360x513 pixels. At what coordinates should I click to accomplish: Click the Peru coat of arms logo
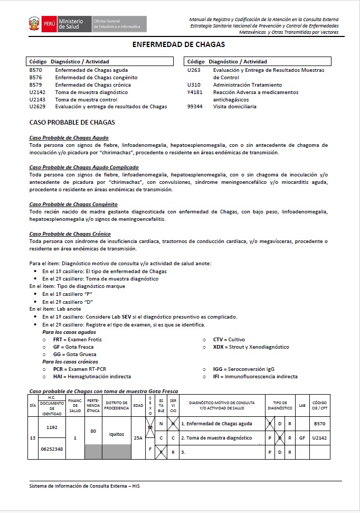34,24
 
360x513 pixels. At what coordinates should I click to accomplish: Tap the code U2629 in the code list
37,107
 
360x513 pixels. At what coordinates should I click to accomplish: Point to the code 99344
195,107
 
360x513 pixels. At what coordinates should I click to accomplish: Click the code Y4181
195,92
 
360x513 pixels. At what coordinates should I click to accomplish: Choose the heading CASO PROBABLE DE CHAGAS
72,123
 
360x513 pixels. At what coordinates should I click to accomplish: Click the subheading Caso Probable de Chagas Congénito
73,204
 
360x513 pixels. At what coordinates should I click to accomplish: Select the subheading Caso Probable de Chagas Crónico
70,234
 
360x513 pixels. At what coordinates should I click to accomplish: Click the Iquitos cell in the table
116,434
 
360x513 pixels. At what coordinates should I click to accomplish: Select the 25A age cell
138,438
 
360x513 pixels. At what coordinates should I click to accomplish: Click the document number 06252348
51,449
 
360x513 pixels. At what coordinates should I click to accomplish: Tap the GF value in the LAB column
302,438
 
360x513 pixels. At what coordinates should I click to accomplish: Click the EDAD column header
138,405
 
